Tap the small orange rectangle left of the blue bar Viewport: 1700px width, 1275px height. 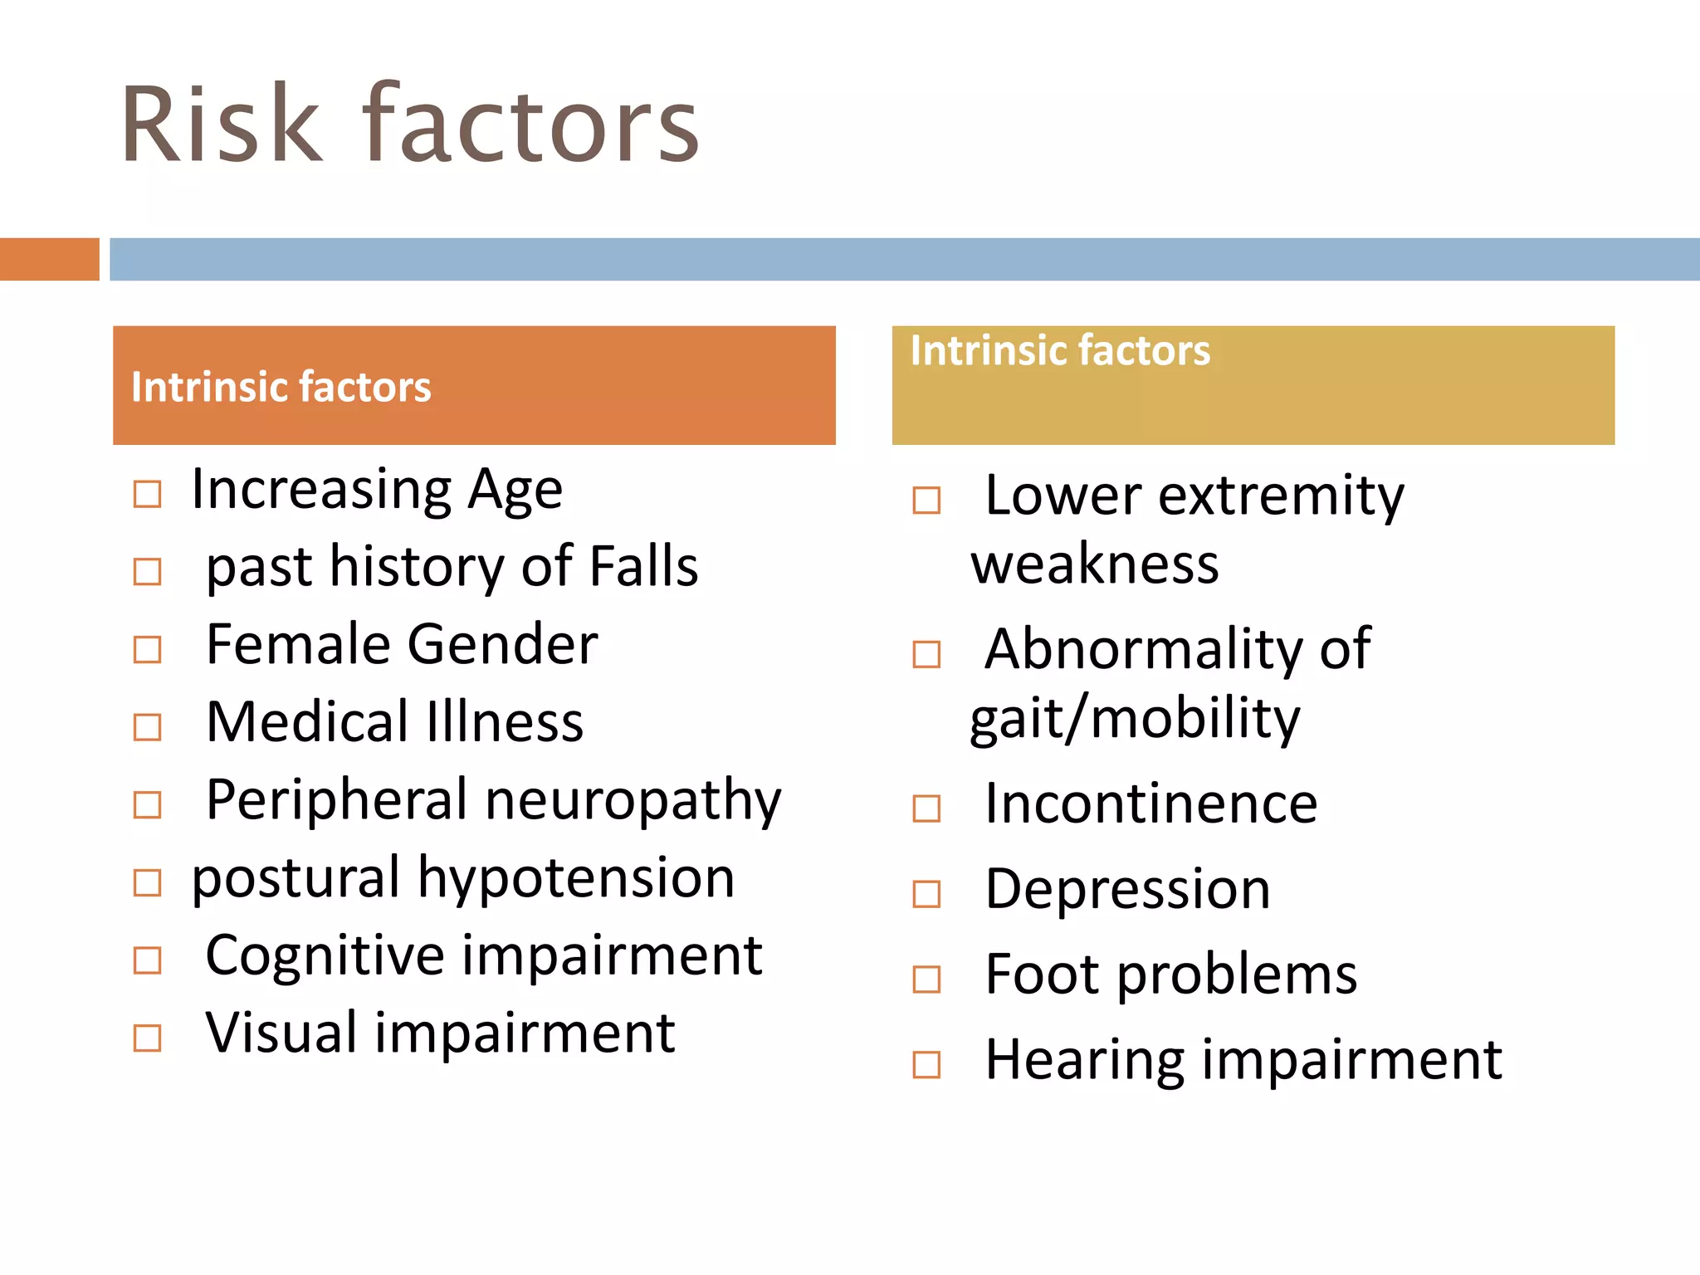coord(49,259)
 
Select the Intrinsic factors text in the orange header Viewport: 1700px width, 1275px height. coord(281,388)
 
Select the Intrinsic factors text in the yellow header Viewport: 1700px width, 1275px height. coord(1060,351)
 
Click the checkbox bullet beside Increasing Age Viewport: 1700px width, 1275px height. coord(148,495)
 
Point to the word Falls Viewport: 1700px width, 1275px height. coord(643,567)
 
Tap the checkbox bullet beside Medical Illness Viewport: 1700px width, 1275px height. coord(148,727)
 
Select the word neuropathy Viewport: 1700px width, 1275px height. coord(633,801)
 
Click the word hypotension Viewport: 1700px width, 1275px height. coord(575,878)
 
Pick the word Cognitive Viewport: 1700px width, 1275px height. coord(325,956)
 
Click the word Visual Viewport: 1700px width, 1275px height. coord(282,1033)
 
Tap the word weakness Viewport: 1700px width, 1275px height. coord(1095,565)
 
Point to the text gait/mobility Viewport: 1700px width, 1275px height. coord(1135,719)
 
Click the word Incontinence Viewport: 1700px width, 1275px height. coord(1150,804)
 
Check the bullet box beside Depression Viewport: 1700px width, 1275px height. coord(926,894)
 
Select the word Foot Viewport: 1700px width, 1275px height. coord(1043,975)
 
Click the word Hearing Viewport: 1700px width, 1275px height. coord(1085,1061)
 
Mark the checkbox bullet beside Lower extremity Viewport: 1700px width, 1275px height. coord(926,501)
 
